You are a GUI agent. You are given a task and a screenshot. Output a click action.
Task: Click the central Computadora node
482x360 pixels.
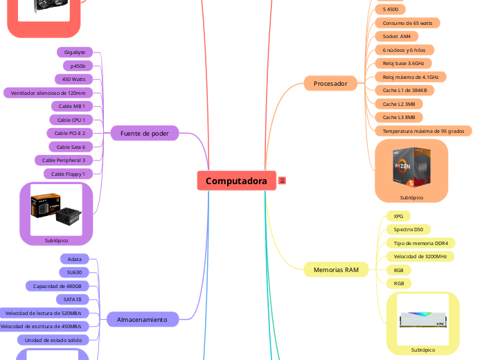[236, 181]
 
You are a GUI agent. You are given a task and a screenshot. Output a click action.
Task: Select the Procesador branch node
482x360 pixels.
[330, 84]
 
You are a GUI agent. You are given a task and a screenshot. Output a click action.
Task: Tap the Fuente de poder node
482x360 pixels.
[145, 133]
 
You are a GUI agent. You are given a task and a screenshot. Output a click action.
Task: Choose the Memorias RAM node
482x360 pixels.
[336, 269]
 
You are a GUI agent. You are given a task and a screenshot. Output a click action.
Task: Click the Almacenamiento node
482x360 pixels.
[142, 319]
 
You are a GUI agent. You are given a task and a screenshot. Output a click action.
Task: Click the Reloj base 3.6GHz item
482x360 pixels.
[403, 63]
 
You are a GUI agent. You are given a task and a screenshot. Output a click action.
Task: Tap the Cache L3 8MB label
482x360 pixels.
[399, 117]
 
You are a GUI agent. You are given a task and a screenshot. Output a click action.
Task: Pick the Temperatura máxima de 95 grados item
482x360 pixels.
[422, 131]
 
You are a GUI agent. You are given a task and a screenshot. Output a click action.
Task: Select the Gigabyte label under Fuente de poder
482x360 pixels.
[75, 52]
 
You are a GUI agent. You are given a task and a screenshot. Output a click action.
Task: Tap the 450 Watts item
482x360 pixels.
[73, 79]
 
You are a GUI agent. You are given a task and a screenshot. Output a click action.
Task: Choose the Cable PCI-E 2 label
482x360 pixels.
[70, 133]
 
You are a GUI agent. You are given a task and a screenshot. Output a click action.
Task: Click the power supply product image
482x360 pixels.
[56, 208]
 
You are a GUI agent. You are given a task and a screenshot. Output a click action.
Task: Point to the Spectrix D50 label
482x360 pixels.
[408, 229]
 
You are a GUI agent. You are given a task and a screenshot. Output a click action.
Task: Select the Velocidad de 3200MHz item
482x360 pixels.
[419, 256]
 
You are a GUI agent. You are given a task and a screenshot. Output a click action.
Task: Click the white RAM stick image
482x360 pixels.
[422, 318]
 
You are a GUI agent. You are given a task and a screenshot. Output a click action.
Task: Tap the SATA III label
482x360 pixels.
[73, 299]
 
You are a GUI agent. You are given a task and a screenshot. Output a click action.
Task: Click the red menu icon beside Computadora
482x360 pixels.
[283, 181]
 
